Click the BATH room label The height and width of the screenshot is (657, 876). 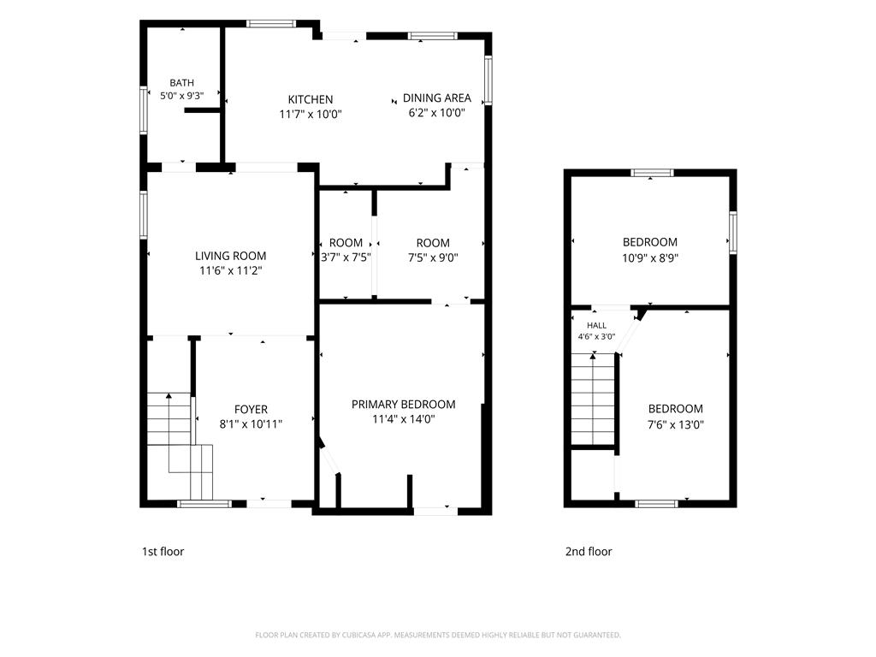tap(181, 83)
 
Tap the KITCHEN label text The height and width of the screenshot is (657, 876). tap(310, 99)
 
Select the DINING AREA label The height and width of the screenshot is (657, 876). tap(437, 98)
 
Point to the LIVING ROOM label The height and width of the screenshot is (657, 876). tap(230, 256)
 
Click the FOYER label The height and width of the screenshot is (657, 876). tap(251, 410)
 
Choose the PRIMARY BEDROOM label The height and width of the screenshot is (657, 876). tap(404, 404)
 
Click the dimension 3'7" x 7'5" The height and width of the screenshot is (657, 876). tap(346, 257)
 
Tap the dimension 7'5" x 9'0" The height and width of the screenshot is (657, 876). tap(433, 257)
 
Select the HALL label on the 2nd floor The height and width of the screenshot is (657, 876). tap(596, 325)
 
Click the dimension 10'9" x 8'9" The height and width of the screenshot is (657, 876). tap(650, 258)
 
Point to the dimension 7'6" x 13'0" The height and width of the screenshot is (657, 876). tap(676, 424)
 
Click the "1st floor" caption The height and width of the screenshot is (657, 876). tap(163, 552)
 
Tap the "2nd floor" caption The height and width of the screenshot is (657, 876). tap(589, 552)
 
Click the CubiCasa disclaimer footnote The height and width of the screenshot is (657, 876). tap(438, 635)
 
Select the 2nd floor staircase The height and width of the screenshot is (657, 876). tap(593, 399)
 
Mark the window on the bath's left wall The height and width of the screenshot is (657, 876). tap(144, 109)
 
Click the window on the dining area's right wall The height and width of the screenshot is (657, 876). tap(488, 80)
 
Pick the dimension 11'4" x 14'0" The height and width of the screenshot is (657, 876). tap(404, 419)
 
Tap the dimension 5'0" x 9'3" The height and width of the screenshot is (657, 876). tap(181, 96)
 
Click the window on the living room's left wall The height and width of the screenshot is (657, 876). tap(144, 215)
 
